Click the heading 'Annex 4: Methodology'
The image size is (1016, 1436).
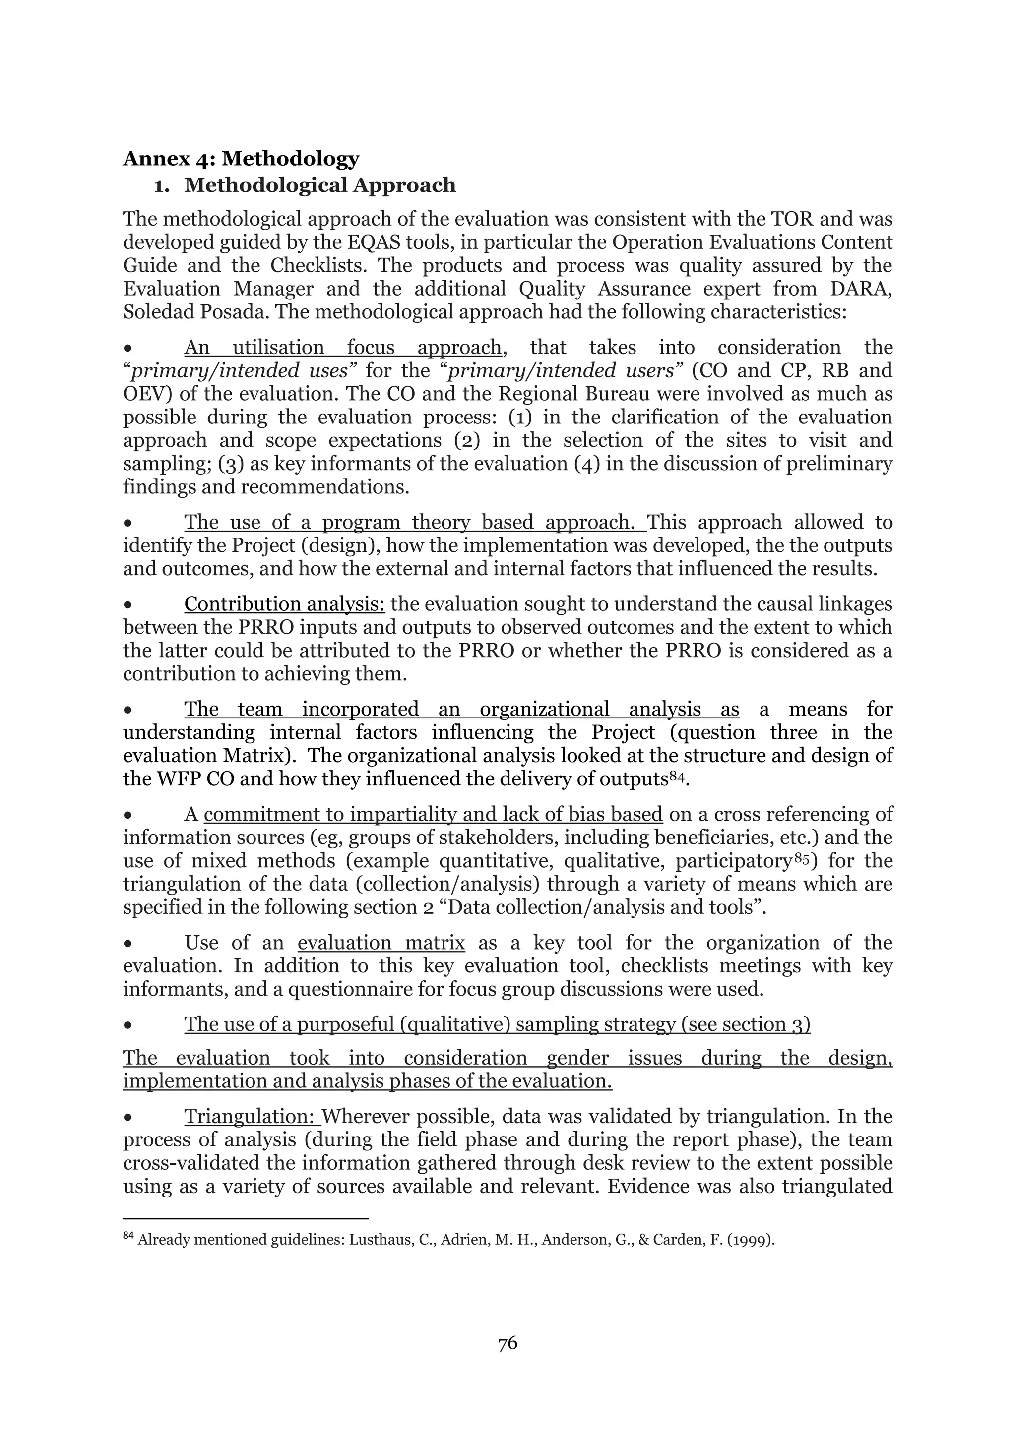coord(241,159)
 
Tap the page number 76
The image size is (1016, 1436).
coord(508,1343)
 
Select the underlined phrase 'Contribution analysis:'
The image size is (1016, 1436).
coord(285,604)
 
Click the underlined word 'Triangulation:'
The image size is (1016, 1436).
coord(252,1116)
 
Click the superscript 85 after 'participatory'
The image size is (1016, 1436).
coord(802,857)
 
